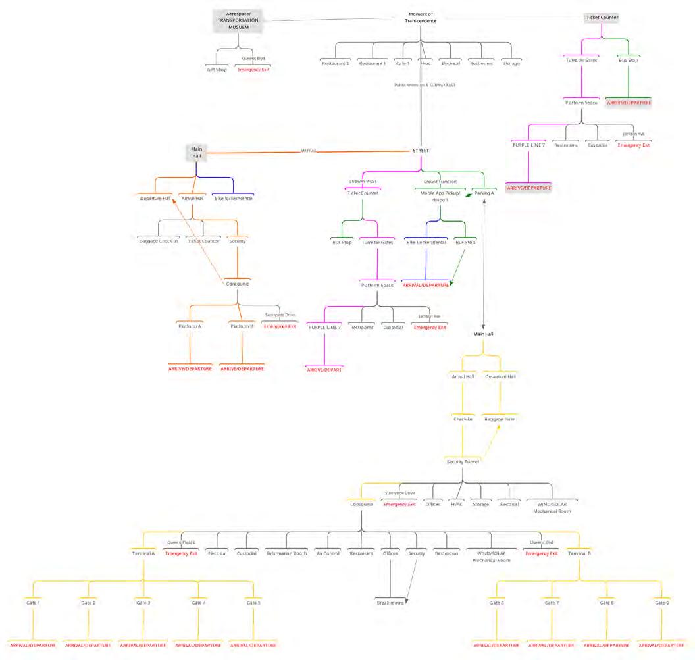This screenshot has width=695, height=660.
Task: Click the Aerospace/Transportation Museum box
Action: tap(238, 20)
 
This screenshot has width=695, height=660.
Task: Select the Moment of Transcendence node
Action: tap(421, 17)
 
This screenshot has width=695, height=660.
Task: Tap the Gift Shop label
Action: tap(217, 69)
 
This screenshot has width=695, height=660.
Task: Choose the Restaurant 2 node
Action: tap(335, 63)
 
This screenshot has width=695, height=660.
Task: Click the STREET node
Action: tap(421, 151)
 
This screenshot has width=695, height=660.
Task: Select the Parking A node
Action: tap(484, 193)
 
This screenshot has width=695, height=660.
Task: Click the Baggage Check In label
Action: tap(159, 241)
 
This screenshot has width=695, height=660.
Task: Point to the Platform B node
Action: tap(242, 326)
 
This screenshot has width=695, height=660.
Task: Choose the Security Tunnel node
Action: tap(461, 461)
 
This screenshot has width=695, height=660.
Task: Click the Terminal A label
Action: tap(143, 553)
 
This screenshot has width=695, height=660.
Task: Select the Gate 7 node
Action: tap(552, 603)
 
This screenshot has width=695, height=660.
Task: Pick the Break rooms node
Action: tap(390, 603)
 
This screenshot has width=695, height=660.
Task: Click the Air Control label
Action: tap(327, 553)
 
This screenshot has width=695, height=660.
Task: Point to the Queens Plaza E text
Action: tap(181, 542)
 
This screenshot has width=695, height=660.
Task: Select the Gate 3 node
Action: tap(143, 603)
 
